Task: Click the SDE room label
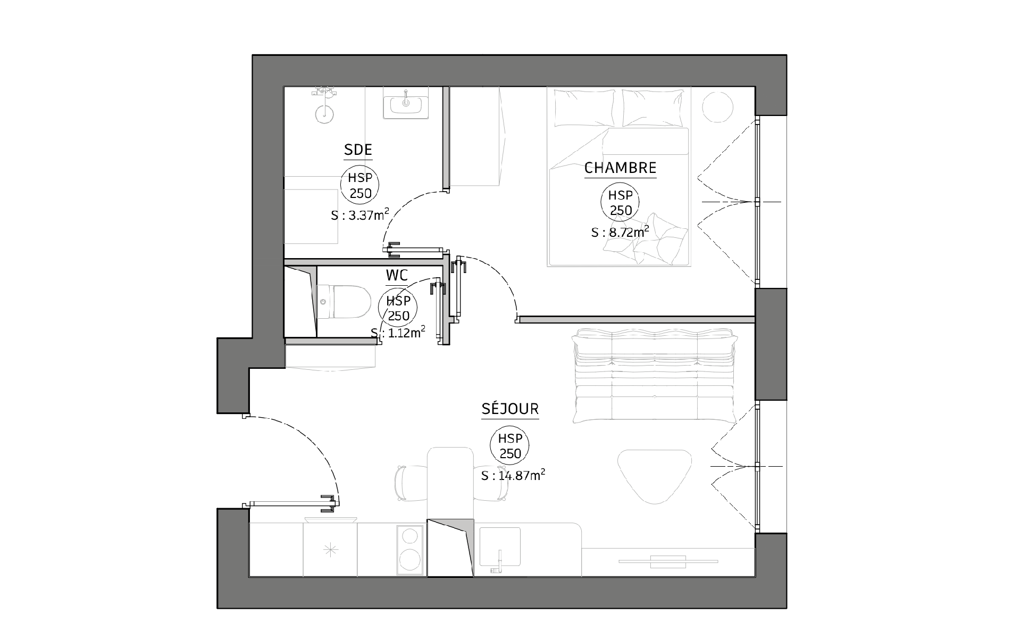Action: pyautogui.click(x=358, y=150)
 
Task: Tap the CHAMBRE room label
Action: pyautogui.click(x=620, y=168)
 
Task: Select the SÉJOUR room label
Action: pyautogui.click(x=510, y=409)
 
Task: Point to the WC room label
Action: pyautogui.click(x=397, y=276)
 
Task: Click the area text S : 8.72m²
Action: pyautogui.click(x=620, y=232)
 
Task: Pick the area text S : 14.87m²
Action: pyautogui.click(x=513, y=475)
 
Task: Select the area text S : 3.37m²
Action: pyautogui.click(x=360, y=215)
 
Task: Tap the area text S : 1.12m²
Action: pyautogui.click(x=398, y=333)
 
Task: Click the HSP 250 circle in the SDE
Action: pyautogui.click(x=360, y=186)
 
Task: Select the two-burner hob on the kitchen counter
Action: pyautogui.click(x=411, y=550)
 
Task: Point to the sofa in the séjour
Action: pyautogui.click(x=655, y=376)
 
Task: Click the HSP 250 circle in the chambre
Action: pyautogui.click(x=620, y=203)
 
